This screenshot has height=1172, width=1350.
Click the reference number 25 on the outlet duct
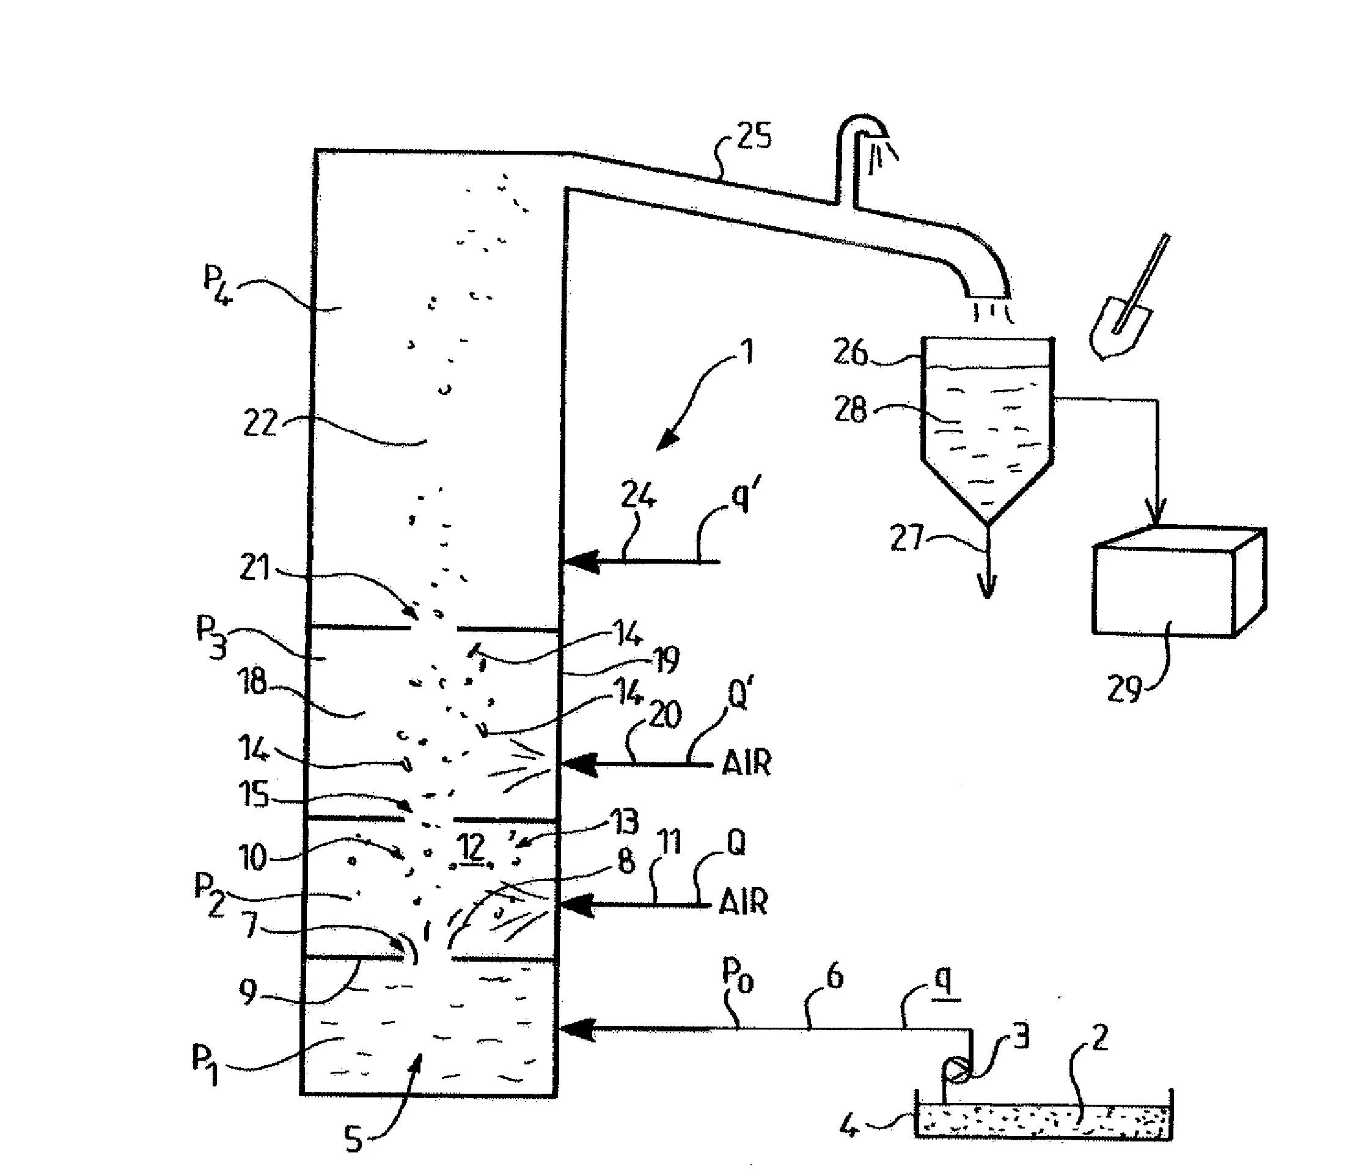[x=754, y=137]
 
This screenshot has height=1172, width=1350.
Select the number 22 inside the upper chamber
[x=260, y=423]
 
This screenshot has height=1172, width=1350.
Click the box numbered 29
[x=1179, y=581]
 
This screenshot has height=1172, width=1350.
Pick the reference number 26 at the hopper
[x=850, y=353]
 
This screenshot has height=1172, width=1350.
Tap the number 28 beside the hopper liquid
[x=850, y=411]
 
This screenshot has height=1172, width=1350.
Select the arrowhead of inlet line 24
[x=581, y=561]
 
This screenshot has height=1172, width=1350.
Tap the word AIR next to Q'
[x=747, y=762]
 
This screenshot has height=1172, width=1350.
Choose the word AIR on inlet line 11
[x=743, y=902]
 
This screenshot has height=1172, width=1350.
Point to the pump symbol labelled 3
[x=956, y=1071]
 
